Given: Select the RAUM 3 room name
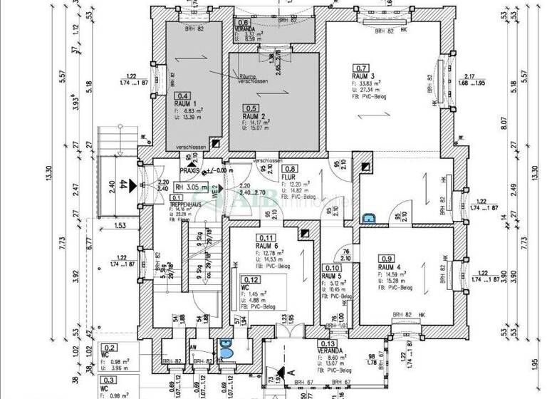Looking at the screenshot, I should [363, 76].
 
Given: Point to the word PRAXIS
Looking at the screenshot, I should [189, 171].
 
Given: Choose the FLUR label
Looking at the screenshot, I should [288, 177].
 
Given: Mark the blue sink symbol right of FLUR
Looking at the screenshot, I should [368, 220].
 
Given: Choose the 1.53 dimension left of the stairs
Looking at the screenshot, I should [118, 225].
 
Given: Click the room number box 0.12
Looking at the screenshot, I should [250, 279].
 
